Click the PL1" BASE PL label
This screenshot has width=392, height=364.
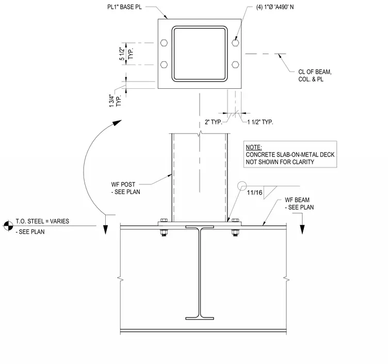124,7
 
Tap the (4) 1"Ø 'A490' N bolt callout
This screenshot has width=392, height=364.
275,7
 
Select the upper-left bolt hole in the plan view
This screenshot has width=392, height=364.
164,43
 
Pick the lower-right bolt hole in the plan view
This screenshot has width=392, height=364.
235,65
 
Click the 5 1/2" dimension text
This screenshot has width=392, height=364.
122,54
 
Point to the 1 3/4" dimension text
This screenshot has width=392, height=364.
112,101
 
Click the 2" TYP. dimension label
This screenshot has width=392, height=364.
213,122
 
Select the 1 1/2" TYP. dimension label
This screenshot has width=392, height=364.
260,122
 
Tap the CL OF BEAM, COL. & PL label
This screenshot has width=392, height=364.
315,75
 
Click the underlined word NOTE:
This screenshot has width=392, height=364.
254,147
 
